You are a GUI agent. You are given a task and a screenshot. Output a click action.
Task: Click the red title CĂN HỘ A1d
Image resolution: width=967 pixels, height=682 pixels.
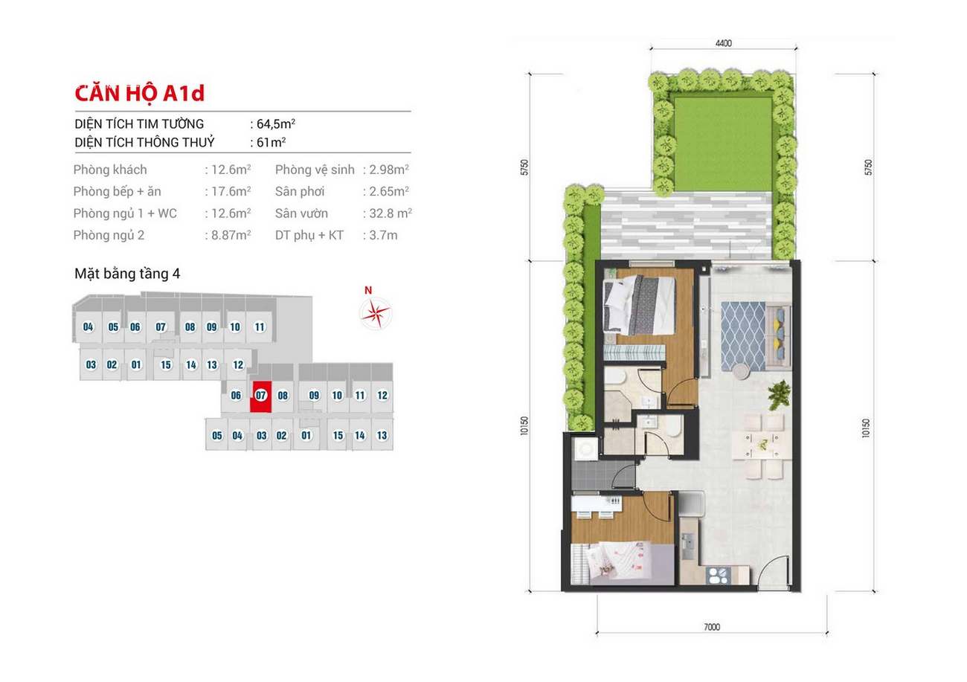pyautogui.click(x=139, y=94)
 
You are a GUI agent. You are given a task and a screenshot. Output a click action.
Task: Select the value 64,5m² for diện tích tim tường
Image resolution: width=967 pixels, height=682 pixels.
pyautogui.click(x=276, y=124)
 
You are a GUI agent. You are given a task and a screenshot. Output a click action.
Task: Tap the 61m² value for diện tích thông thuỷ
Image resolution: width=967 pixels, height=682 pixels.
pyautogui.click(x=271, y=143)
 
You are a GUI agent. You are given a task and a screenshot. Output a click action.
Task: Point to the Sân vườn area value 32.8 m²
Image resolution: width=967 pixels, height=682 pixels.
pyautogui.click(x=391, y=213)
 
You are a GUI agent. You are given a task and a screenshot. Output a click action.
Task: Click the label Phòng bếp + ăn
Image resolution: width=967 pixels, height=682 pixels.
pyautogui.click(x=117, y=191)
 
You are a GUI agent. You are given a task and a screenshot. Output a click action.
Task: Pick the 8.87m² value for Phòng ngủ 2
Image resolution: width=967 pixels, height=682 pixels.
pyautogui.click(x=231, y=235)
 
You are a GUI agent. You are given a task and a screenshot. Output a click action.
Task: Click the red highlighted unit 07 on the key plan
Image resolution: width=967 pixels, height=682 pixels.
pyautogui.click(x=261, y=396)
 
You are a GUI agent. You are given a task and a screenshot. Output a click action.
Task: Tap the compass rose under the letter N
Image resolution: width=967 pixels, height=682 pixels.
pyautogui.click(x=376, y=313)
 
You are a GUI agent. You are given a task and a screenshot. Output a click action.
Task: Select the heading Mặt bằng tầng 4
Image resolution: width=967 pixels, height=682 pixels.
pyautogui.click(x=127, y=274)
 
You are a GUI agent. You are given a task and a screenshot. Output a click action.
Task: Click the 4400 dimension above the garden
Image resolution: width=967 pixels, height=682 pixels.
pyautogui.click(x=724, y=43)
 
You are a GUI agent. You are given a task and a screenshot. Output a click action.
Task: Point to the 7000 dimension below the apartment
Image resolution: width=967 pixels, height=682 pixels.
pyautogui.click(x=712, y=627)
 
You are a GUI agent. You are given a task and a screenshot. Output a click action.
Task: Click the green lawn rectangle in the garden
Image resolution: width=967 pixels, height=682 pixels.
pyautogui.click(x=723, y=144)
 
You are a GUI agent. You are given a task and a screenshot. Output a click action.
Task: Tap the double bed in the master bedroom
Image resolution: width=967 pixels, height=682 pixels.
pyautogui.click(x=640, y=306)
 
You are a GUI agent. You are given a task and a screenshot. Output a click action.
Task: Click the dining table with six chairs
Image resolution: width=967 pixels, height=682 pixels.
pyautogui.click(x=762, y=446)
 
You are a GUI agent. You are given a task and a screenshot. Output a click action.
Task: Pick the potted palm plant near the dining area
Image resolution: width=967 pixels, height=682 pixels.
pyautogui.click(x=779, y=395)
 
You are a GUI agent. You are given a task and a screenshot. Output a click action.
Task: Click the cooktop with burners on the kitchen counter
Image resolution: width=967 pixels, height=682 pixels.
pyautogui.click(x=718, y=576)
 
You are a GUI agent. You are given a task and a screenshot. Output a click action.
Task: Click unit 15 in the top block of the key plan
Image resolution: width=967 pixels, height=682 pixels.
pyautogui.click(x=166, y=365)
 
